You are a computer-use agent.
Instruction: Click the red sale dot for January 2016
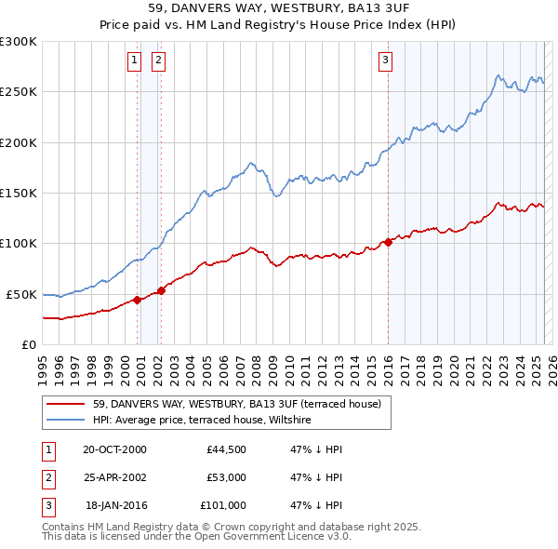coord(388,243)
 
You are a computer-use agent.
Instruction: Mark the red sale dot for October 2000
coord(138,300)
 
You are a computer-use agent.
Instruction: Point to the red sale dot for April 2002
coord(162,290)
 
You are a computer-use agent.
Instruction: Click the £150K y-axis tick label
coord(19,194)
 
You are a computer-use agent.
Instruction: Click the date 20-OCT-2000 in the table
coord(114,449)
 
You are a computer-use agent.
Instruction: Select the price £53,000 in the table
coord(226,477)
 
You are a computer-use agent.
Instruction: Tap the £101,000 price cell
coord(223,505)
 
